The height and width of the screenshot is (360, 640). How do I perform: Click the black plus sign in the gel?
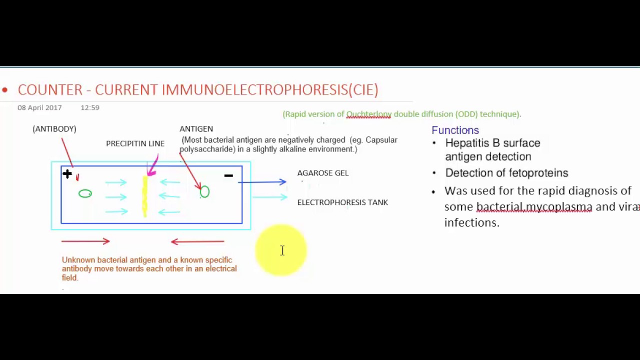67,174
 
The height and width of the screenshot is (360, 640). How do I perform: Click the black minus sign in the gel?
228,175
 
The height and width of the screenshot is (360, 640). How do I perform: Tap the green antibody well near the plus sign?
85,193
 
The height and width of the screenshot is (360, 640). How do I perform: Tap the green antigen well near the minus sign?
204,192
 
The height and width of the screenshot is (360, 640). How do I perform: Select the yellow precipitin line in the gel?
145,196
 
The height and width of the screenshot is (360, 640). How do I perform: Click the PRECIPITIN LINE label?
135,143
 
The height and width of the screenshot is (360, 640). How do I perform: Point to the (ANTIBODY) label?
54,129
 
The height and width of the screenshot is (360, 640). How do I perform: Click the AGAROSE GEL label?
322,173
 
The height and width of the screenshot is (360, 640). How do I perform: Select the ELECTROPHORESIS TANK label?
342,202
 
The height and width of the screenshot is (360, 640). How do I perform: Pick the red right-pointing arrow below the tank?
85,241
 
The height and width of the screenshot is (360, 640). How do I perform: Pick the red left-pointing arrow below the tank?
197,241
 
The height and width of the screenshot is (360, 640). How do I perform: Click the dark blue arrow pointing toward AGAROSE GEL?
262,182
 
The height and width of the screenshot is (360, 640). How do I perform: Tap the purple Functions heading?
455,130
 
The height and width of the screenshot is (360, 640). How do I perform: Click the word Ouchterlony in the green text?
368,114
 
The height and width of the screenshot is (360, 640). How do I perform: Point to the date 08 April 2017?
39,108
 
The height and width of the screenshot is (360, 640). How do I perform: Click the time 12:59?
90,108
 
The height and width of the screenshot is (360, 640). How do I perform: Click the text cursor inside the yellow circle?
282,250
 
